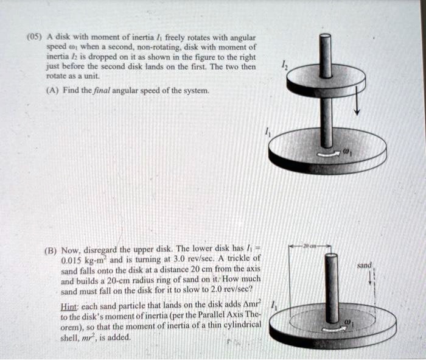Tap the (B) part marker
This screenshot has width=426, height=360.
click(52, 250)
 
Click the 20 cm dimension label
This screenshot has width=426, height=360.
click(316, 247)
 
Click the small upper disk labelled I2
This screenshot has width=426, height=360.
click(326, 80)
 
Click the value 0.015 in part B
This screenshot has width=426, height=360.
click(74, 259)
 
